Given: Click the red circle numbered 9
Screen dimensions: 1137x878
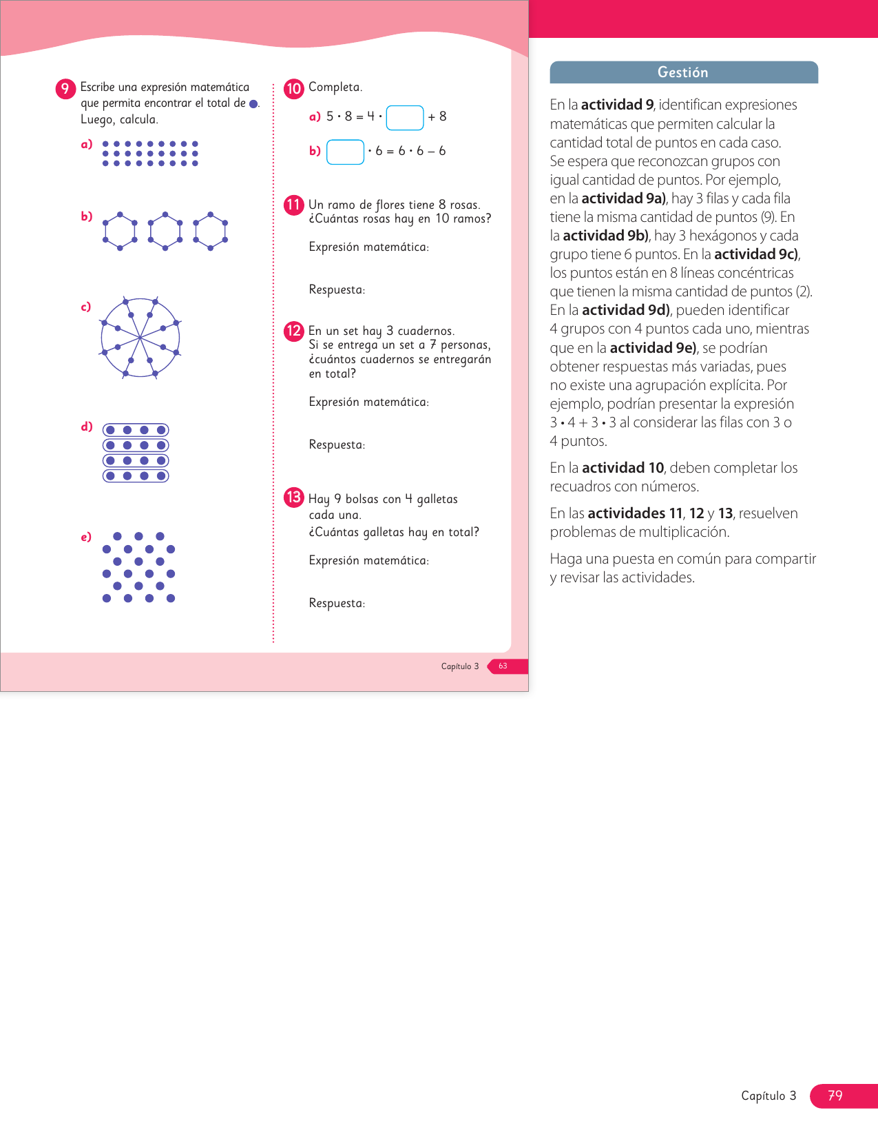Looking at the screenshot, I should tap(65, 89).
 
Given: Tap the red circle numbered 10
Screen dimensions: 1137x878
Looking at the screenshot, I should tap(294, 88).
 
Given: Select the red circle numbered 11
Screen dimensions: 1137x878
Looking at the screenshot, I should tap(294, 205).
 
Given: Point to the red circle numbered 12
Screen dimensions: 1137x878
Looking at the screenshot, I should tap(294, 331).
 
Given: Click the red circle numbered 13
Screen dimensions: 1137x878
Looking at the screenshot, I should tap(294, 497).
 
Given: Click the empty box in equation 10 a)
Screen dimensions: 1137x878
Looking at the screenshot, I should tap(405, 118).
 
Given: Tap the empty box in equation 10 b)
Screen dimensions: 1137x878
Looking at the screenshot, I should tap(345, 152).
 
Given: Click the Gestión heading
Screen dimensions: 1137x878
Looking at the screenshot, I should tap(683, 72).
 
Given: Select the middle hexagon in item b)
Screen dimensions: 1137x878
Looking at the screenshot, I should tap(165, 231).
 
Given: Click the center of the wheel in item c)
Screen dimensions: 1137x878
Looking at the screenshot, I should tap(140, 338).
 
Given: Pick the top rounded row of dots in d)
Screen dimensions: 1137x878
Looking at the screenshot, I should tap(136, 430).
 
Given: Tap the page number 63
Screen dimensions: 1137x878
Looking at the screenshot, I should tap(503, 666).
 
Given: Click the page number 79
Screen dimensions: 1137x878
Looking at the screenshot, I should tap(835, 1096).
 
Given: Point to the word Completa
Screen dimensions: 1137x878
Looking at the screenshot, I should tap(335, 88).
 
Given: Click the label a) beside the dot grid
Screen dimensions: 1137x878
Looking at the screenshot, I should tap(87, 145).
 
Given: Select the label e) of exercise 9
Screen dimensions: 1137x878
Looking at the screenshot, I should tap(86, 537).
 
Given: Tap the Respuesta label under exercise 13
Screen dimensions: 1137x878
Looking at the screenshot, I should tap(337, 604).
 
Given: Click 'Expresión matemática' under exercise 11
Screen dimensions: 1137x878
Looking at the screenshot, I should tap(368, 247).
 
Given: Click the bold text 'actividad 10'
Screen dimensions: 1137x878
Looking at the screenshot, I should tap(623, 468).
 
